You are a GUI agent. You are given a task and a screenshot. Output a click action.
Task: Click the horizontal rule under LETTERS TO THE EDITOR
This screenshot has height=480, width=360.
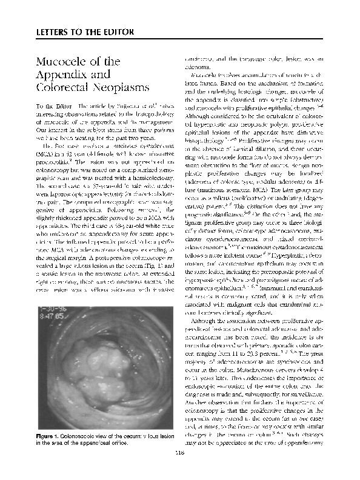click(x=179, y=39)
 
